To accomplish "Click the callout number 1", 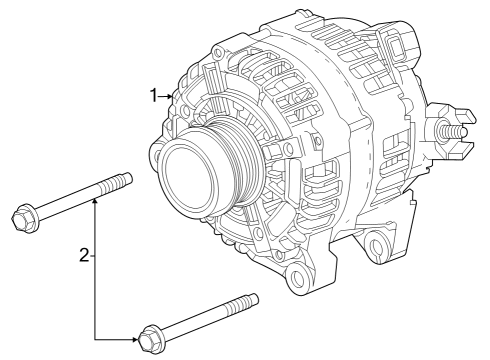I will [x=155, y=96].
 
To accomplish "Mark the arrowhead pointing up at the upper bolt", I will [x=96, y=203].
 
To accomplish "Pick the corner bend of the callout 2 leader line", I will [x=96, y=339].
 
